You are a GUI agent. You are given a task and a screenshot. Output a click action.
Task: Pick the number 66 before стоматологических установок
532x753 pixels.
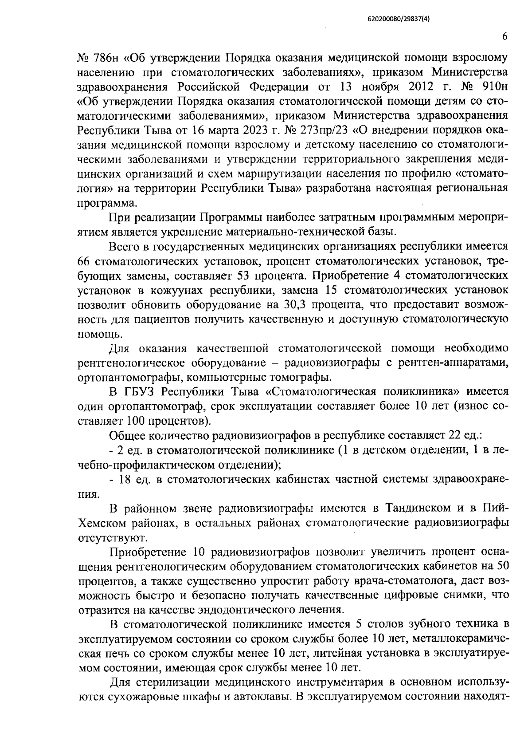[x=82, y=261]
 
